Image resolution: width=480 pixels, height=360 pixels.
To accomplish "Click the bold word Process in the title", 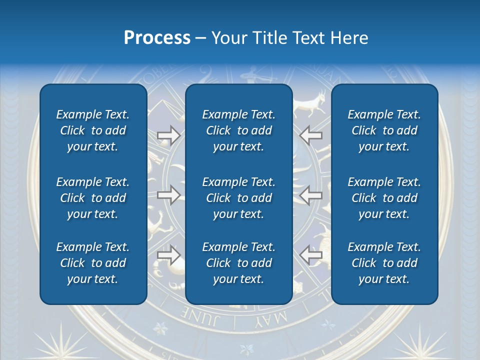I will pos(157,38).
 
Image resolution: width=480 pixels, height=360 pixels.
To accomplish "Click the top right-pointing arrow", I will pos(168,135).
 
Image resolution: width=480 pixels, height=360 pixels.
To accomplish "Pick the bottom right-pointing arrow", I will pos(168,255).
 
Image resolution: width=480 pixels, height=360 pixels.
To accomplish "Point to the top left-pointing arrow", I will pos(311,135).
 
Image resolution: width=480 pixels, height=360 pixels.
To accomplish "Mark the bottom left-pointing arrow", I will pos(311,255).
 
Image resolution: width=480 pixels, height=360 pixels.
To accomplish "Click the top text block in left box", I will pos(93,130).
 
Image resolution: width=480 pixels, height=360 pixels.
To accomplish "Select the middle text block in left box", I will pos(93,198).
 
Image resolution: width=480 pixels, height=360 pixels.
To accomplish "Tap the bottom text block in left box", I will pos(93,263).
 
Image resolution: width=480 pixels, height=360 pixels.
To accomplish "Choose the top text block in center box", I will pos(238,130).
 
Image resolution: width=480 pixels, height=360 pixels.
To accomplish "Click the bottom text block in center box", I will pos(238,263).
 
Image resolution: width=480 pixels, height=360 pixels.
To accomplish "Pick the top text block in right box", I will pos(384,130).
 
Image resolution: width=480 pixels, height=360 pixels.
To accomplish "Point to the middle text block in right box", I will pos(384,198).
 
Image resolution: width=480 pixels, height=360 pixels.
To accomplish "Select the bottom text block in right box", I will pos(384,263).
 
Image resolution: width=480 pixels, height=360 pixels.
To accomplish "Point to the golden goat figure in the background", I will pos(311,103).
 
